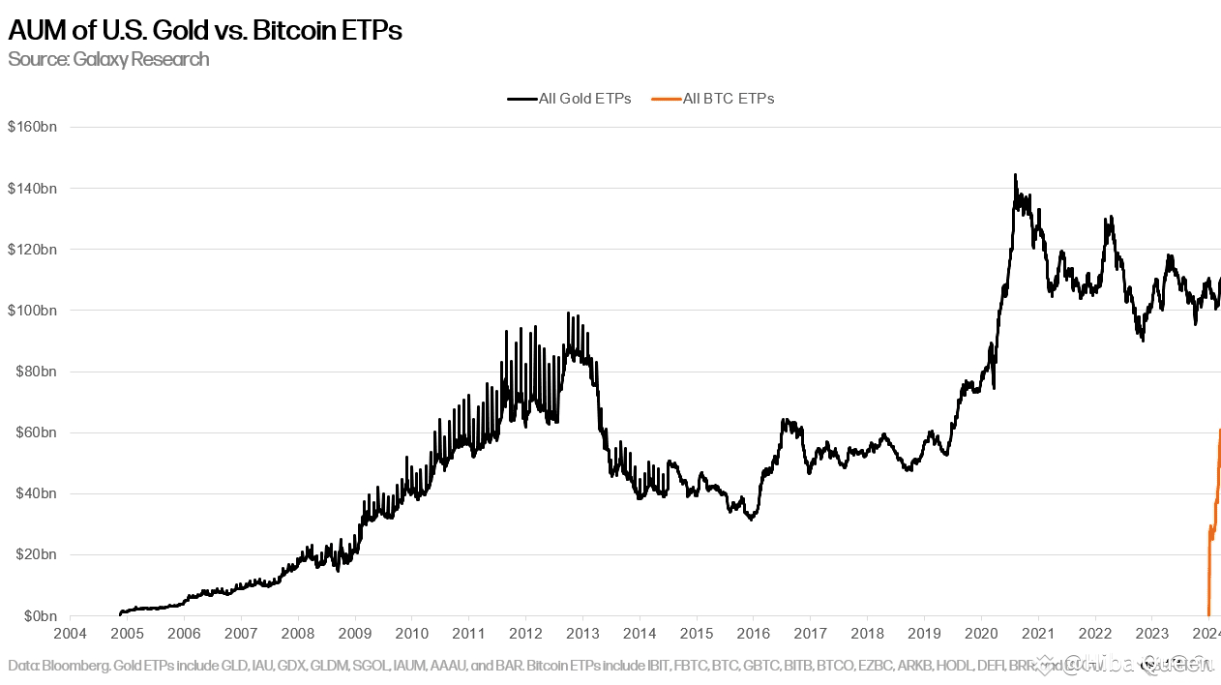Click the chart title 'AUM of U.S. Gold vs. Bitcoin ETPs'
pos(205,30)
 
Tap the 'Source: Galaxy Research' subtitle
pos(108,59)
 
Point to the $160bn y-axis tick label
pos(32,127)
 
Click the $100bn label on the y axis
pos(32,311)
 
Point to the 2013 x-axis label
pos(582,634)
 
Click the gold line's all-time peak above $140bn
pos(1015,175)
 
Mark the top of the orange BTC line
pos(1219,430)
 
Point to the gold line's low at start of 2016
pos(752,519)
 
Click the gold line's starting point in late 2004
pos(120,613)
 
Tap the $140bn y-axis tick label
pos(32,188)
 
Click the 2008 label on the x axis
pos(298,634)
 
